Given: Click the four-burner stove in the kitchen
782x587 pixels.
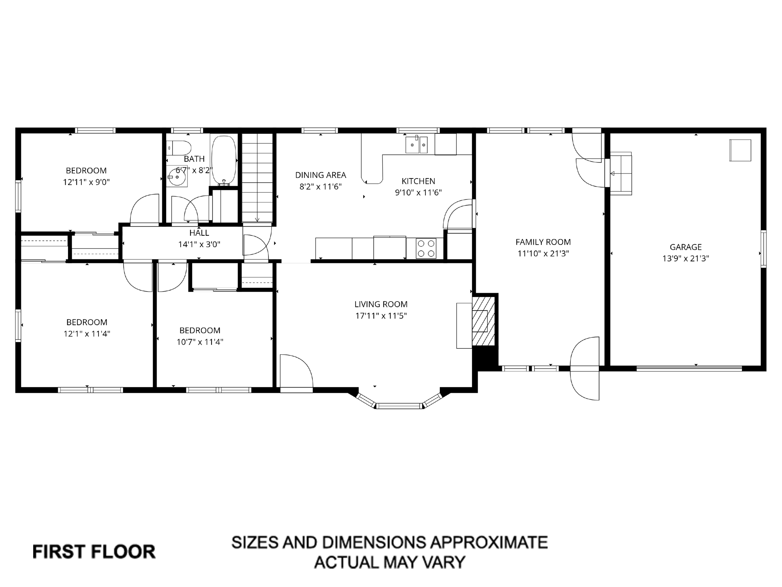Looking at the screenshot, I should pyautogui.click(x=426, y=248).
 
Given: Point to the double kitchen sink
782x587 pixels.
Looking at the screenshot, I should pyautogui.click(x=417, y=145).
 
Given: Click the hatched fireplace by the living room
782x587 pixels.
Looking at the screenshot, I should pyautogui.click(x=484, y=320).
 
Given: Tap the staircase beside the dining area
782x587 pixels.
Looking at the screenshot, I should pyautogui.click(x=258, y=178).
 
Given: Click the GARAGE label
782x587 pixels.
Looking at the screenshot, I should pyautogui.click(x=685, y=247).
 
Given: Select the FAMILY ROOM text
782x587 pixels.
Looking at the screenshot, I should pyautogui.click(x=543, y=242).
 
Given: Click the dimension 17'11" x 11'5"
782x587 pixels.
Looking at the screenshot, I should pyautogui.click(x=381, y=316).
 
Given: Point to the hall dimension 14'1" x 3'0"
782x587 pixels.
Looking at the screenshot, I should pyautogui.click(x=199, y=244).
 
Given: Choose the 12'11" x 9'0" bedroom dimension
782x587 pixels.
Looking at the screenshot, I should pyautogui.click(x=86, y=182).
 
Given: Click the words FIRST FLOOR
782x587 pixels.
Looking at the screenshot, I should pyautogui.click(x=94, y=552).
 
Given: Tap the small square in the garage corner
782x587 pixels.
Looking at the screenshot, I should pyautogui.click(x=740, y=150).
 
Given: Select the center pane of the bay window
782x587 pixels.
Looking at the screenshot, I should pyautogui.click(x=399, y=405).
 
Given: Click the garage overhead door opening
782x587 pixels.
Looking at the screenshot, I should pyautogui.click(x=689, y=368).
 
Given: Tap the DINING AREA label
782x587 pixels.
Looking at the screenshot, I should pyautogui.click(x=320, y=175).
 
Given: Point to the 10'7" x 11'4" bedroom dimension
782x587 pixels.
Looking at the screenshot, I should pyautogui.click(x=200, y=342).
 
